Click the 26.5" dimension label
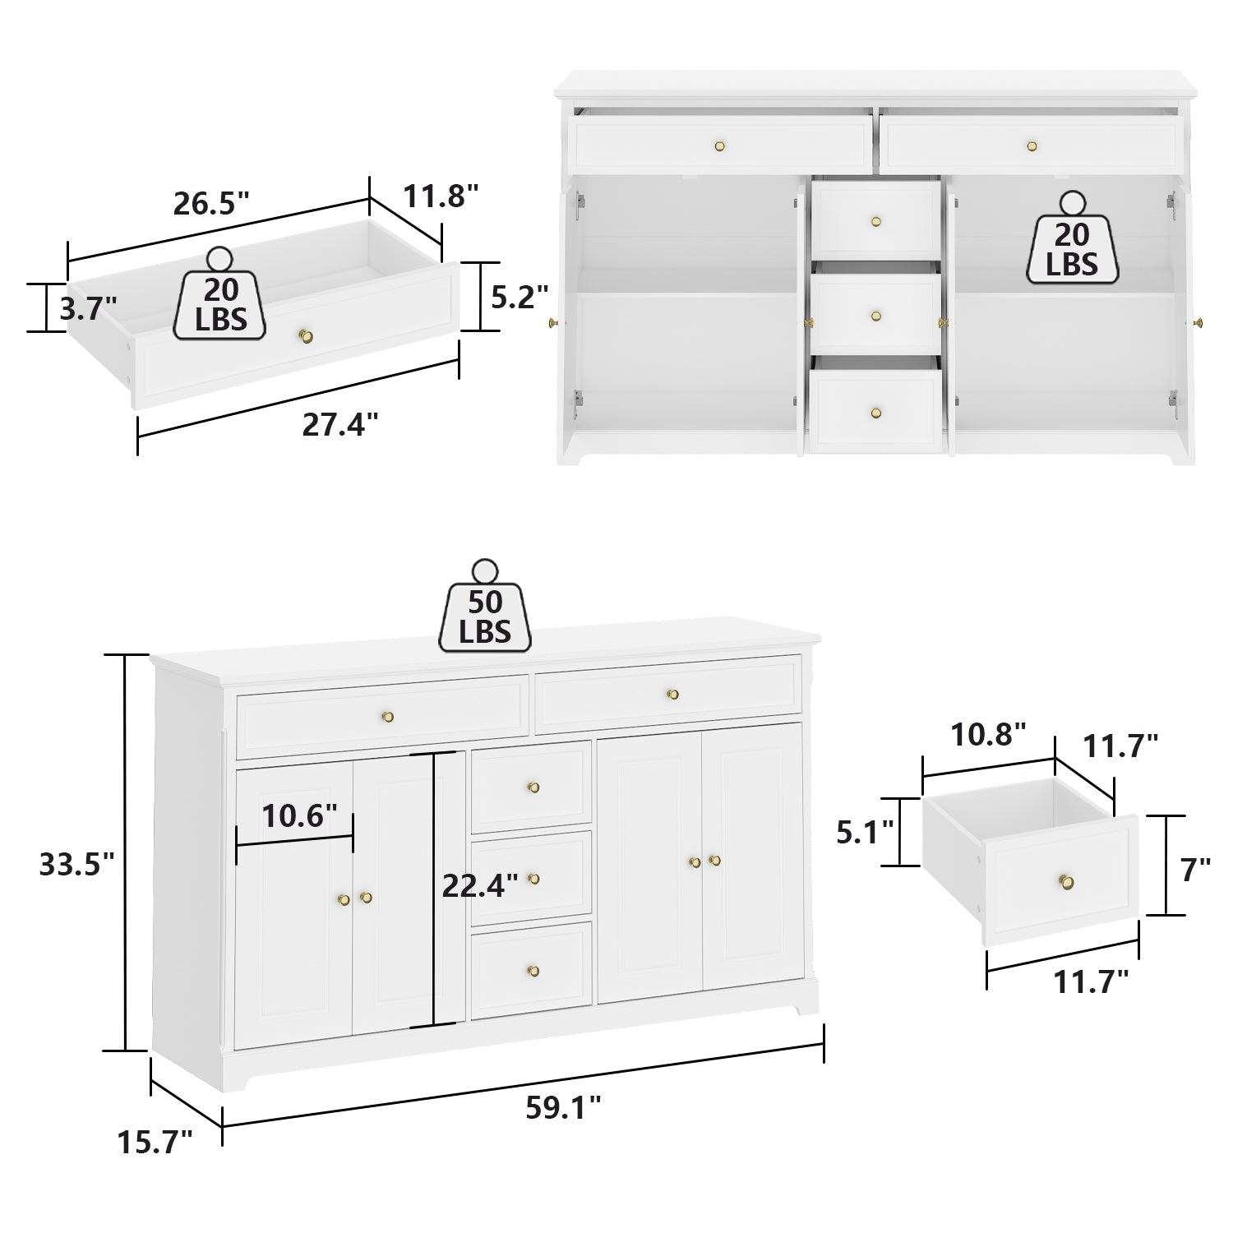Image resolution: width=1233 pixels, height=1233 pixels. (210, 203)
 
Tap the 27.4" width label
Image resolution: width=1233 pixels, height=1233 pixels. (339, 424)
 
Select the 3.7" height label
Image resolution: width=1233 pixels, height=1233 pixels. (88, 308)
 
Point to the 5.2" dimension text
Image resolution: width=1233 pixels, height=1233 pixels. (519, 297)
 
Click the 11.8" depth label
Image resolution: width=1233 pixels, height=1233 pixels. (440, 196)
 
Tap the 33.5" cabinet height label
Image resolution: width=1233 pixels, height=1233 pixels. (76, 864)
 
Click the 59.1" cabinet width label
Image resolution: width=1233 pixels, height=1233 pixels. (563, 1108)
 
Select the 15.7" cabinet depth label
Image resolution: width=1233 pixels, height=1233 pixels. (155, 1142)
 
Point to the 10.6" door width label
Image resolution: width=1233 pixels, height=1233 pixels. (299, 816)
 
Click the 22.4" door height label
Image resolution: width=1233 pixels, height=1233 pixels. (479, 885)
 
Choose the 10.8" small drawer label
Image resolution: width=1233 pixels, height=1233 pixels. (988, 734)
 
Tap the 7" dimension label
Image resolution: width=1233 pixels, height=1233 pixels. (1195, 870)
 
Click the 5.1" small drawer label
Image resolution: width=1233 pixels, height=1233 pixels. (865, 833)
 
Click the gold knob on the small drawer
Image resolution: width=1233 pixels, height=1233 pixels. (1066, 882)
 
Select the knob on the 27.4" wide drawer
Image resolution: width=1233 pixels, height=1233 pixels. (305, 335)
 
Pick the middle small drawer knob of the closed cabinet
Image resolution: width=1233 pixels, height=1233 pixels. (533, 879)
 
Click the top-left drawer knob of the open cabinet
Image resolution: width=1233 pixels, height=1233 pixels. (720, 146)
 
